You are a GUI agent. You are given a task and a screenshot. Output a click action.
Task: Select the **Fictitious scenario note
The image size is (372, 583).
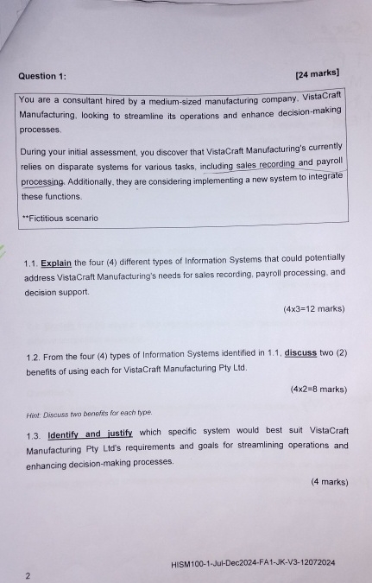click(60, 218)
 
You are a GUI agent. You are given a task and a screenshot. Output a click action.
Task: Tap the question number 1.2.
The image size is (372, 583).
click(34, 357)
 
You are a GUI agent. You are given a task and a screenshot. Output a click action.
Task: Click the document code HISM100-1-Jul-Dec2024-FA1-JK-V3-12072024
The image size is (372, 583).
click(253, 563)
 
